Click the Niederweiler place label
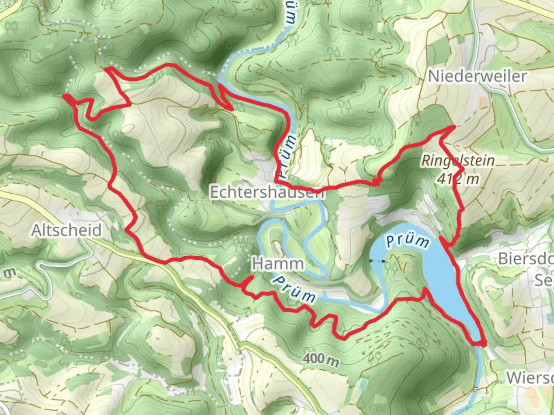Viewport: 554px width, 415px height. click(477, 76)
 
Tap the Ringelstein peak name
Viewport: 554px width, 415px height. click(458, 160)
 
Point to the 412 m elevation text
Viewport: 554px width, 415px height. click(458, 179)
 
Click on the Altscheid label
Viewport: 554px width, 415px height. click(67, 230)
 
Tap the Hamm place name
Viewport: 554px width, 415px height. click(277, 264)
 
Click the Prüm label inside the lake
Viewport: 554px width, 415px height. click(407, 242)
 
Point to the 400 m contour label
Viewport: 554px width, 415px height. click(320, 359)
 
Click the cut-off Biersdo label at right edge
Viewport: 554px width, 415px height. click(526, 258)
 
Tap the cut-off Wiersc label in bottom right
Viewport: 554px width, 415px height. click(530, 378)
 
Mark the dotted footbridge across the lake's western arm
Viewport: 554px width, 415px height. click(377, 261)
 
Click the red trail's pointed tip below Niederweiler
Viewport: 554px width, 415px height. click(454, 126)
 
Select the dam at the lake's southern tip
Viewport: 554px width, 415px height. click(479, 343)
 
